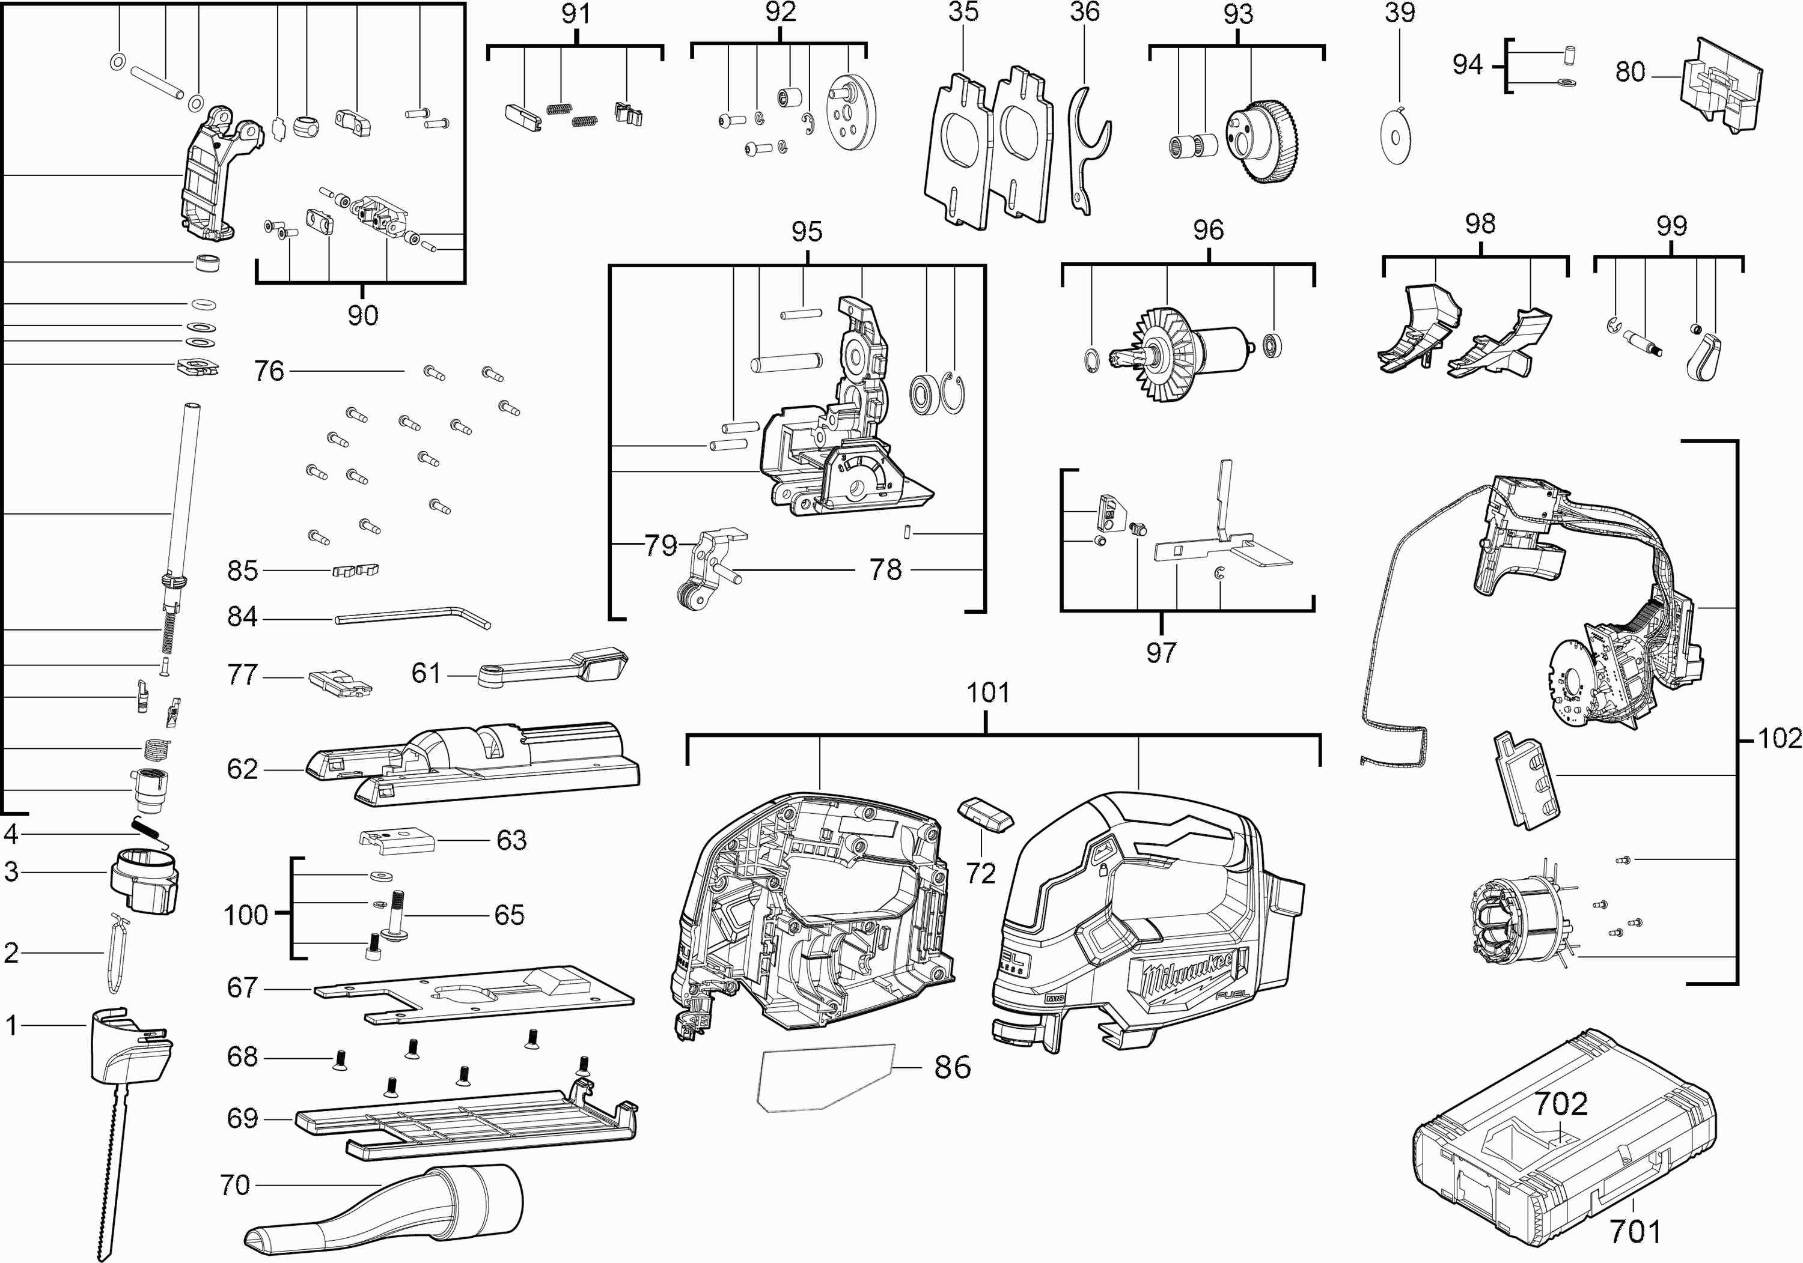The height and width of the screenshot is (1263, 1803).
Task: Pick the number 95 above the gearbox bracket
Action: coord(807,232)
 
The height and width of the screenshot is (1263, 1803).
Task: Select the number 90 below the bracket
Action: coord(363,315)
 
